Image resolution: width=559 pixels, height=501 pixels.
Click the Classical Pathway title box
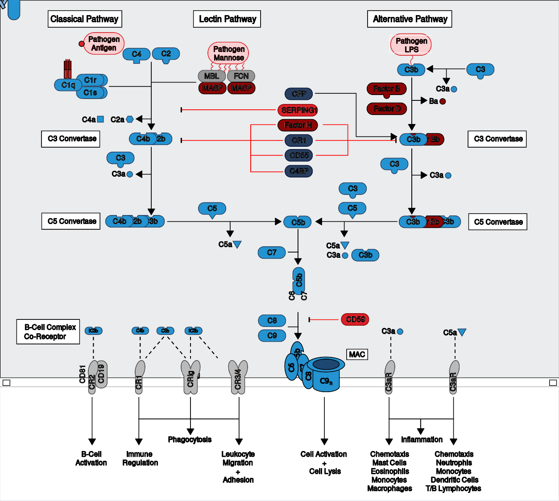85,19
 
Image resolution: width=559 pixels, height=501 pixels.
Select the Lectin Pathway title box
227,19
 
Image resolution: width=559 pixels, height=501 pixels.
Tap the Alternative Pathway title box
410,19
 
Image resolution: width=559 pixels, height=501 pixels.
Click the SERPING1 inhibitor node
298,110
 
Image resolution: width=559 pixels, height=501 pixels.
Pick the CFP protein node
298,94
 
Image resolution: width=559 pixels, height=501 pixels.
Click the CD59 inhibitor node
355,319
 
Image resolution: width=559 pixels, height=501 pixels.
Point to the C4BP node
298,171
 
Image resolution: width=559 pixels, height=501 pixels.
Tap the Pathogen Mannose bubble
228,53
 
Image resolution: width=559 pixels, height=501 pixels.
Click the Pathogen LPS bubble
411,45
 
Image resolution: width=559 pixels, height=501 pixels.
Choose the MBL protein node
211,76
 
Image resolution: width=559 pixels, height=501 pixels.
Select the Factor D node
387,108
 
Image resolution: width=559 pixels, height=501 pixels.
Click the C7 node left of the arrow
272,253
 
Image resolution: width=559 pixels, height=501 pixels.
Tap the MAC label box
357,354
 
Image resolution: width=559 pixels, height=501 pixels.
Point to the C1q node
68,85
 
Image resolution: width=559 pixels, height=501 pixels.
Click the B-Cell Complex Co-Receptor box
49,332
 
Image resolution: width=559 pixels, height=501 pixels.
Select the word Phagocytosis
190,439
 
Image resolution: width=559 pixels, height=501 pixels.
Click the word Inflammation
422,439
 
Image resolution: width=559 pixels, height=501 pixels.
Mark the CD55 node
298,155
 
